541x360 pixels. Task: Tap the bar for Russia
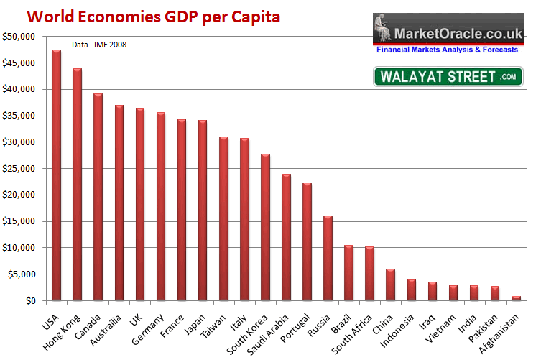coord(328,258)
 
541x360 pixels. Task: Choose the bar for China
coord(390,285)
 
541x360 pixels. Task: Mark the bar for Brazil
coord(348,273)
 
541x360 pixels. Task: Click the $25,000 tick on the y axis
coord(17,169)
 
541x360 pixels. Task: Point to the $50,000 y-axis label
coord(17,37)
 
